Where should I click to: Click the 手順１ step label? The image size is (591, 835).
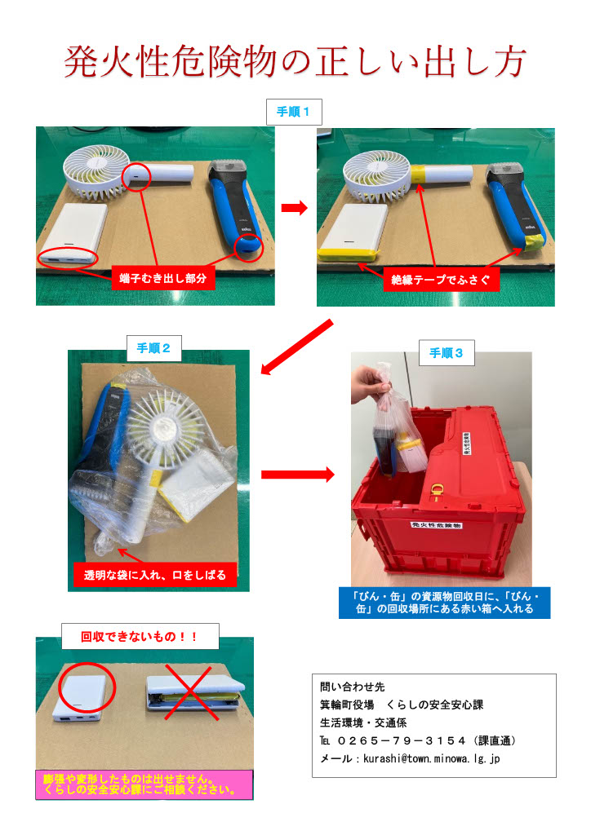294,111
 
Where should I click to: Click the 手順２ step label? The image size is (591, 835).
154,348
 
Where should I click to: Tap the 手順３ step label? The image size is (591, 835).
447,352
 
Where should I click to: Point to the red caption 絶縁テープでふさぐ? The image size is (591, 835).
440,279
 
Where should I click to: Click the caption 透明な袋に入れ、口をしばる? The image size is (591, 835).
154,575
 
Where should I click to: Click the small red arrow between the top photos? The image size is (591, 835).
294,209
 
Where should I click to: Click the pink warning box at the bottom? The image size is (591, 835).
144,784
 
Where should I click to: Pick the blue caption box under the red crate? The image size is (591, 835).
444,603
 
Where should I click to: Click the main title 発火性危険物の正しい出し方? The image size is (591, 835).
295,63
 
